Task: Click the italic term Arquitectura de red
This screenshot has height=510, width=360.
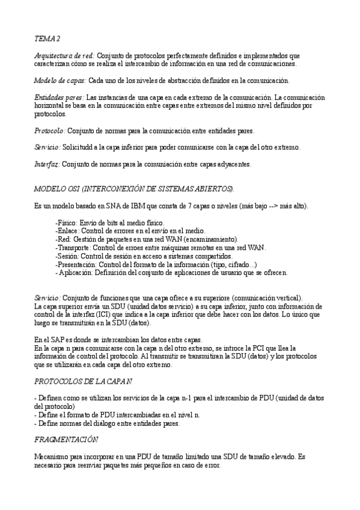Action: (64, 55)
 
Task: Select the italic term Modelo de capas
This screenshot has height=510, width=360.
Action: (59, 80)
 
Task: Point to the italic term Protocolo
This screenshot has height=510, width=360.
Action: (49, 131)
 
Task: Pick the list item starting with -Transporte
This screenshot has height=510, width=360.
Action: (160, 247)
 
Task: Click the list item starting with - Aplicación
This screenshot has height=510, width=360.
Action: (171, 272)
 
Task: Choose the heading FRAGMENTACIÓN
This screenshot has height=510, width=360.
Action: (66, 440)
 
